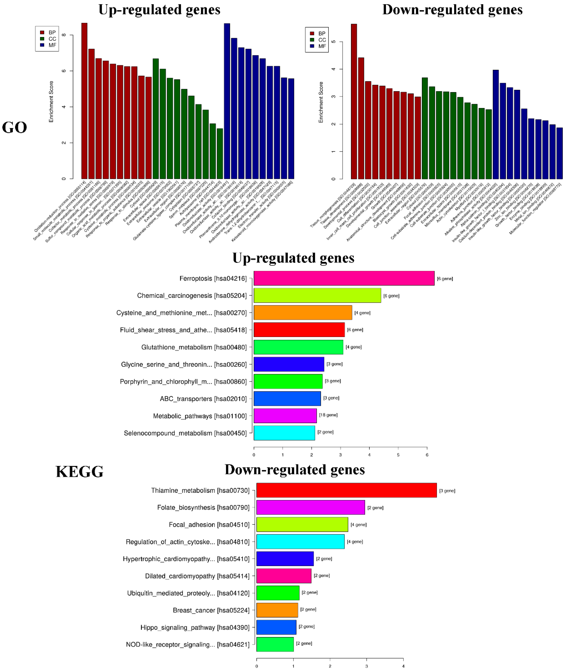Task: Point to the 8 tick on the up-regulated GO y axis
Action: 64,35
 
